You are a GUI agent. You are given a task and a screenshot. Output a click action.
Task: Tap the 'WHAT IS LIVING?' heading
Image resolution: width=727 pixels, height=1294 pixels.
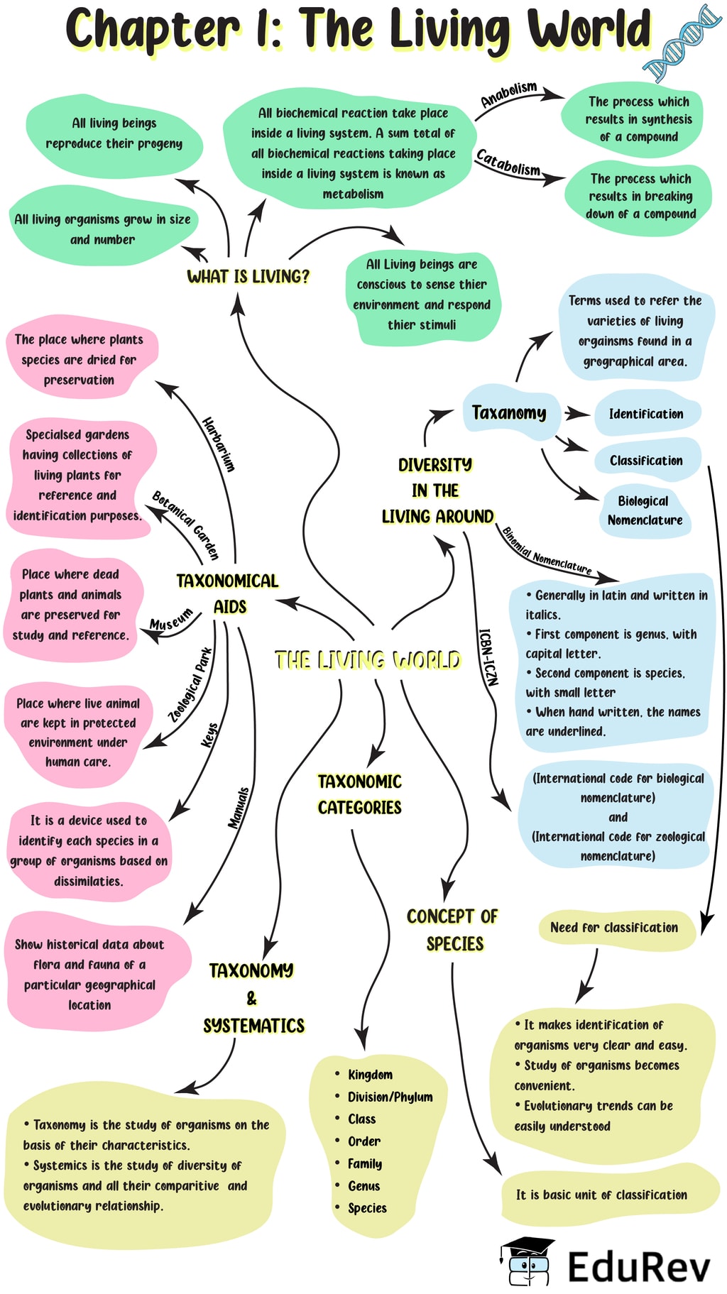pyautogui.click(x=248, y=276)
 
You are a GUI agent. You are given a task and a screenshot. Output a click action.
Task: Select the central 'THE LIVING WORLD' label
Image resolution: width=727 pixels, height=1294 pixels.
pyautogui.click(x=367, y=661)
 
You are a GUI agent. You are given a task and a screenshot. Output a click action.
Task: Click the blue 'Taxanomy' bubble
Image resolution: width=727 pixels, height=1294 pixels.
pyautogui.click(x=509, y=412)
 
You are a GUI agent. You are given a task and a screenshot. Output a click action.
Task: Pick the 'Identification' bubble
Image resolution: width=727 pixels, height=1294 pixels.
pyautogui.click(x=645, y=414)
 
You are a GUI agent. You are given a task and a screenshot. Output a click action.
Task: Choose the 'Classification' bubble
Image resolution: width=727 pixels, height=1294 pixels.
pyautogui.click(x=645, y=461)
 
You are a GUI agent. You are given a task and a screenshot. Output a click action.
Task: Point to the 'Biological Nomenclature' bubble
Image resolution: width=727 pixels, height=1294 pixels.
pyautogui.click(x=645, y=510)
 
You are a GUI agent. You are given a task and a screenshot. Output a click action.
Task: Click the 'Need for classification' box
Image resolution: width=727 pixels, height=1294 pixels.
pyautogui.click(x=614, y=928)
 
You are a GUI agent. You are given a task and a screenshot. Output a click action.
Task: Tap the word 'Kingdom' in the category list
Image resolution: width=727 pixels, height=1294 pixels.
pyautogui.click(x=370, y=1075)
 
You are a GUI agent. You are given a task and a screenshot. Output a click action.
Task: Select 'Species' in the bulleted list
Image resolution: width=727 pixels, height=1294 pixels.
pyautogui.click(x=367, y=1208)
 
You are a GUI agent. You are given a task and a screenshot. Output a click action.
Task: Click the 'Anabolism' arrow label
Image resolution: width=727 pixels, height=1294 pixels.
pyautogui.click(x=509, y=94)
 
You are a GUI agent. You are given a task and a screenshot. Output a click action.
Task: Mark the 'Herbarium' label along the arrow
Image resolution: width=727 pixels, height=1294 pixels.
pyautogui.click(x=218, y=444)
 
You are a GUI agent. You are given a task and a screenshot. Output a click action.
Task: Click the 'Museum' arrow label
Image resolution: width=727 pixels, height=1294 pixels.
pyautogui.click(x=171, y=619)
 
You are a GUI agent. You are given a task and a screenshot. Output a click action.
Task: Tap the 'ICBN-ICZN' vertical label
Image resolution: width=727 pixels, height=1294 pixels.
pyautogui.click(x=488, y=657)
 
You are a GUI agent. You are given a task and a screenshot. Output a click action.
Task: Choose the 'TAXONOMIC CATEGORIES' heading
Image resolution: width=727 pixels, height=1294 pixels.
pyautogui.click(x=359, y=794)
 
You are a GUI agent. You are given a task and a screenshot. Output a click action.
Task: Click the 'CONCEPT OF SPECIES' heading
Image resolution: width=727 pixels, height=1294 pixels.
pyautogui.click(x=453, y=930)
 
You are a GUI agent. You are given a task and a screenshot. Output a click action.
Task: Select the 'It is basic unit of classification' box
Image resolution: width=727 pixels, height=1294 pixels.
pyautogui.click(x=601, y=1195)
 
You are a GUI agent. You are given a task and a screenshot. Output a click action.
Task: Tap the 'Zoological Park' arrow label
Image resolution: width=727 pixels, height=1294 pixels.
pyautogui.click(x=190, y=685)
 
